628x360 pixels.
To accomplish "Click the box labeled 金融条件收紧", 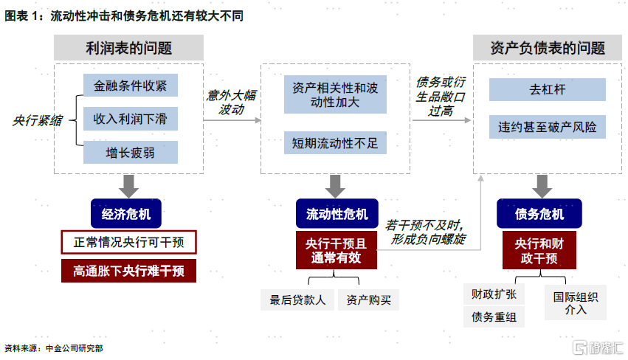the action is (131, 86).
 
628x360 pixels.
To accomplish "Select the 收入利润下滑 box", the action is (131, 119).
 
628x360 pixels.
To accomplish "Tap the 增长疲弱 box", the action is (131, 152).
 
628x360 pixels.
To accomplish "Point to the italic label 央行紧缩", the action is (37, 120).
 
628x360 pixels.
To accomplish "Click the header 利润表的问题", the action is (128, 48).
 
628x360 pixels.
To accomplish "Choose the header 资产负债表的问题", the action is (548, 48).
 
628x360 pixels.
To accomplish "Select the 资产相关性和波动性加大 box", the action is (335, 94).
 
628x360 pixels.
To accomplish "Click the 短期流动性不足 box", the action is (335, 143).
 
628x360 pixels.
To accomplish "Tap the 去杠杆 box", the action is (547, 89).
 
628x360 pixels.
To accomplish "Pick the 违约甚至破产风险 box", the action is (547, 127).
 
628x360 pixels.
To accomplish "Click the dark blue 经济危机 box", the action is (126, 214).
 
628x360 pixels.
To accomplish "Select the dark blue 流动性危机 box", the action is (337, 214).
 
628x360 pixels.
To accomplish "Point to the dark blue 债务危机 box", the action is (539, 214).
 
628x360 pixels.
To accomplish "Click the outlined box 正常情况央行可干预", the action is (128, 242).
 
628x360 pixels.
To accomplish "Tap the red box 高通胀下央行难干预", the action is (128, 271).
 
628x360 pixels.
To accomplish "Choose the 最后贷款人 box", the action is (297, 300).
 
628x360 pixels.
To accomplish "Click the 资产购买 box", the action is (368, 300).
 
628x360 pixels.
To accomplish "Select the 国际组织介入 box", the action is (575, 302).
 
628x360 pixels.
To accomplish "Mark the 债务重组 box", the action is (494, 317).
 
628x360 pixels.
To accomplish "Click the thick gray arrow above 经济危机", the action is (128, 186).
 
